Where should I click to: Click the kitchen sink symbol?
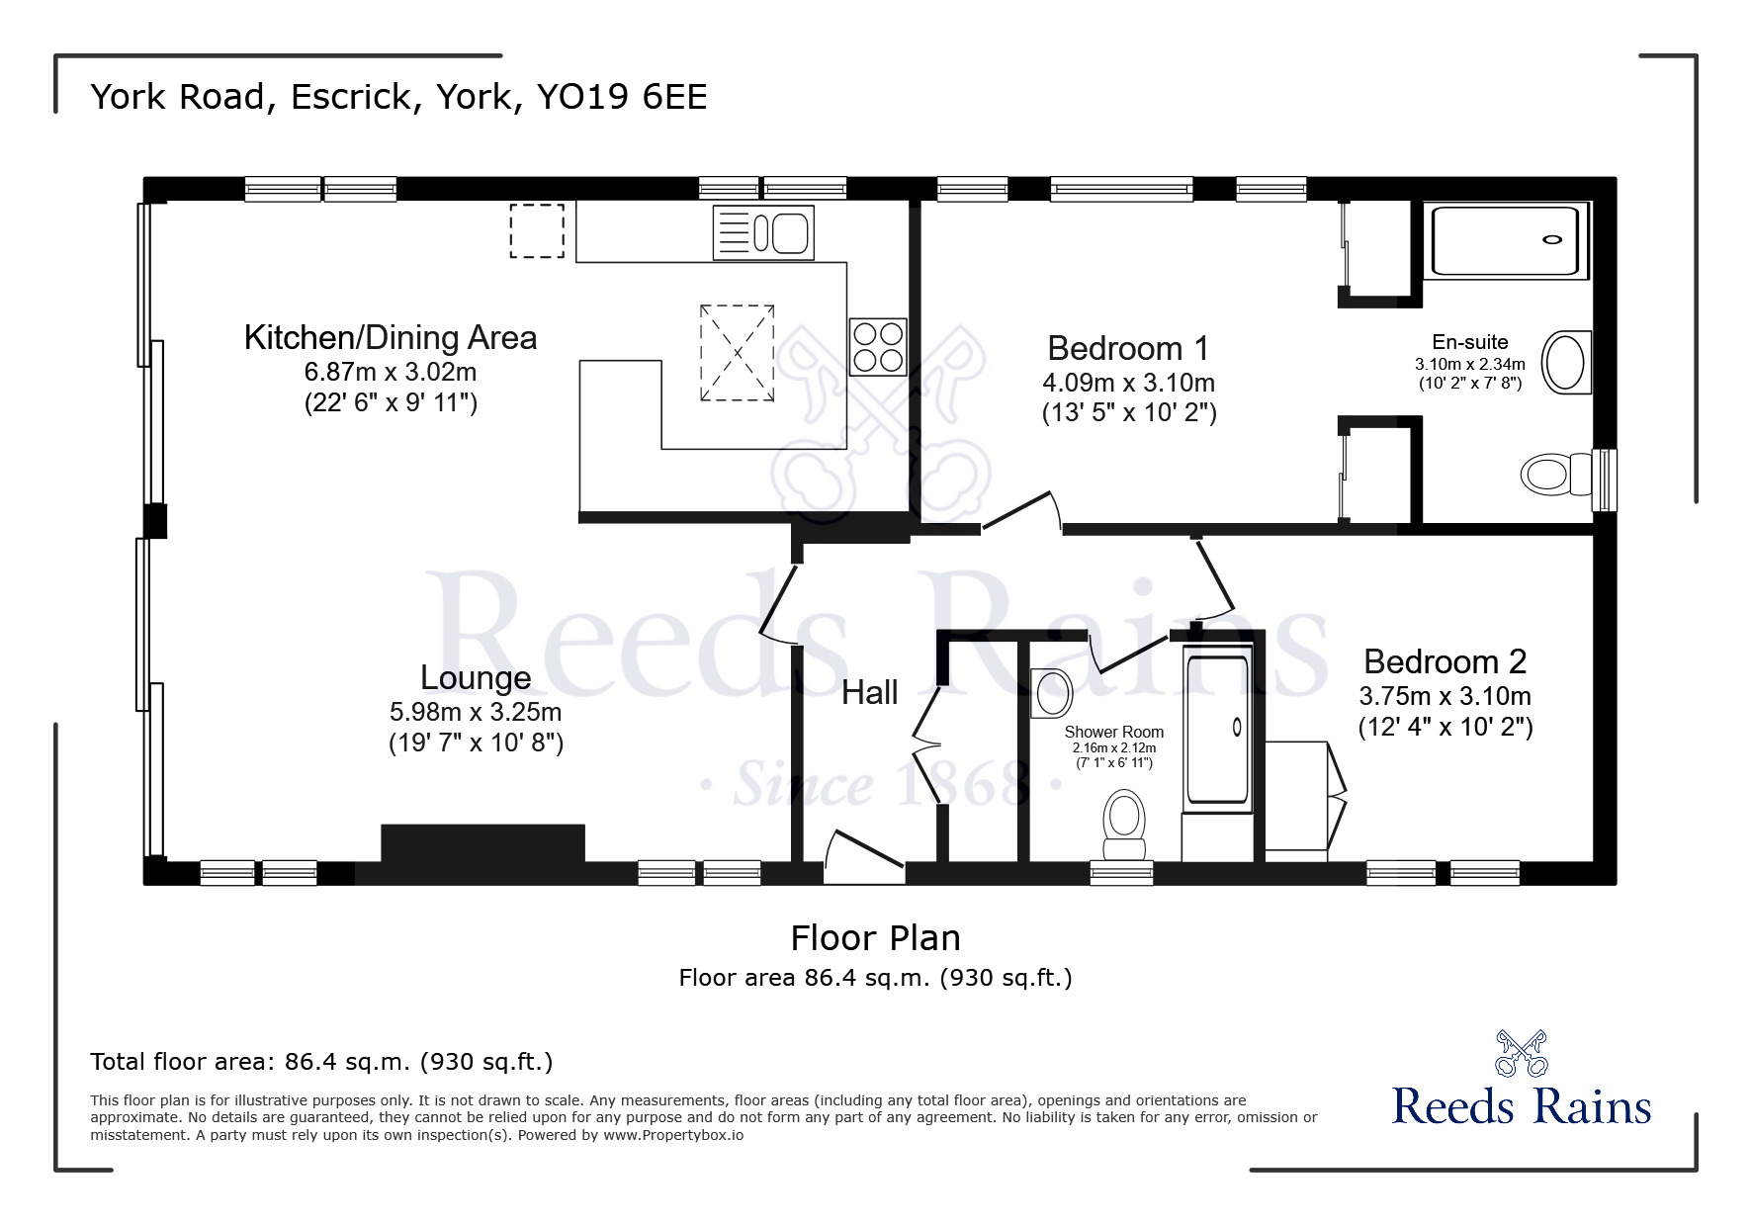coord(763,233)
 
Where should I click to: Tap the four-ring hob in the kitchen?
coord(878,347)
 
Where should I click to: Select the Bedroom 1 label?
coord(1128,348)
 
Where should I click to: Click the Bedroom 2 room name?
coord(1445,660)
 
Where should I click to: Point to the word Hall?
coord(869,692)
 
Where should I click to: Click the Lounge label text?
coord(476,677)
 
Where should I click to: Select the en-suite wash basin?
coord(1566,363)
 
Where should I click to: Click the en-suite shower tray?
coord(1505,240)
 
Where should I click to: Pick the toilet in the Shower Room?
coord(1124,825)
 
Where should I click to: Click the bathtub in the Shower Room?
coord(1218,729)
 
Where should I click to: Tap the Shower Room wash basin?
coord(1050,692)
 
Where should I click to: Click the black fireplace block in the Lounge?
coord(482,843)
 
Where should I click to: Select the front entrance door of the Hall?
coord(863,858)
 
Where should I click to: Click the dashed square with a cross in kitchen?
coord(737,353)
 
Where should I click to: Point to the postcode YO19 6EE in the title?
coord(621,97)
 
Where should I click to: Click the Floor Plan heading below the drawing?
coord(875,937)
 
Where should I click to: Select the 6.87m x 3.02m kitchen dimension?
coord(391,372)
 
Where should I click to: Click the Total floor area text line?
coord(321,1062)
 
